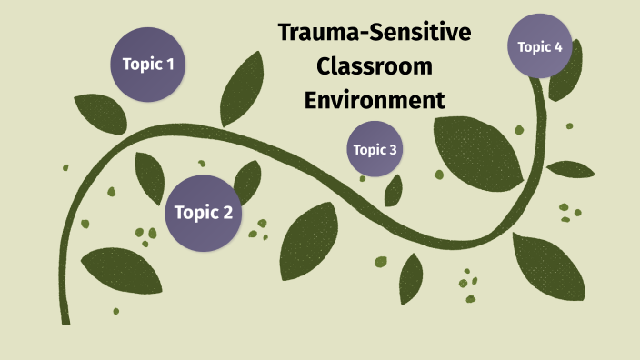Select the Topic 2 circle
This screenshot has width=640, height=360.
[x=203, y=213]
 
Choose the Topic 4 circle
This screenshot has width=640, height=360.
[x=540, y=47]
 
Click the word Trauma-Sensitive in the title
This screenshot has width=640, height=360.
[x=375, y=35]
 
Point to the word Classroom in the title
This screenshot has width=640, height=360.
[x=374, y=66]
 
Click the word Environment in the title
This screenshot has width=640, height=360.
[x=374, y=98]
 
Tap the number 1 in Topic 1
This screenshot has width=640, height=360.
[x=170, y=65]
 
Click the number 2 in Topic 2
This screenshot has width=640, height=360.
[x=227, y=213]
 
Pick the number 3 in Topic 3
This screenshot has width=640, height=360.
[x=393, y=150]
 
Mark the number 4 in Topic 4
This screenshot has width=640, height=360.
[x=558, y=47]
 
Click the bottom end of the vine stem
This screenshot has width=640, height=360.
[x=65, y=318]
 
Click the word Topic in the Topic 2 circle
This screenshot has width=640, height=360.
[x=194, y=213]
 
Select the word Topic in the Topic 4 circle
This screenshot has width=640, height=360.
[x=533, y=47]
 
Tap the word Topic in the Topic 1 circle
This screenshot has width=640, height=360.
[x=140, y=65]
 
